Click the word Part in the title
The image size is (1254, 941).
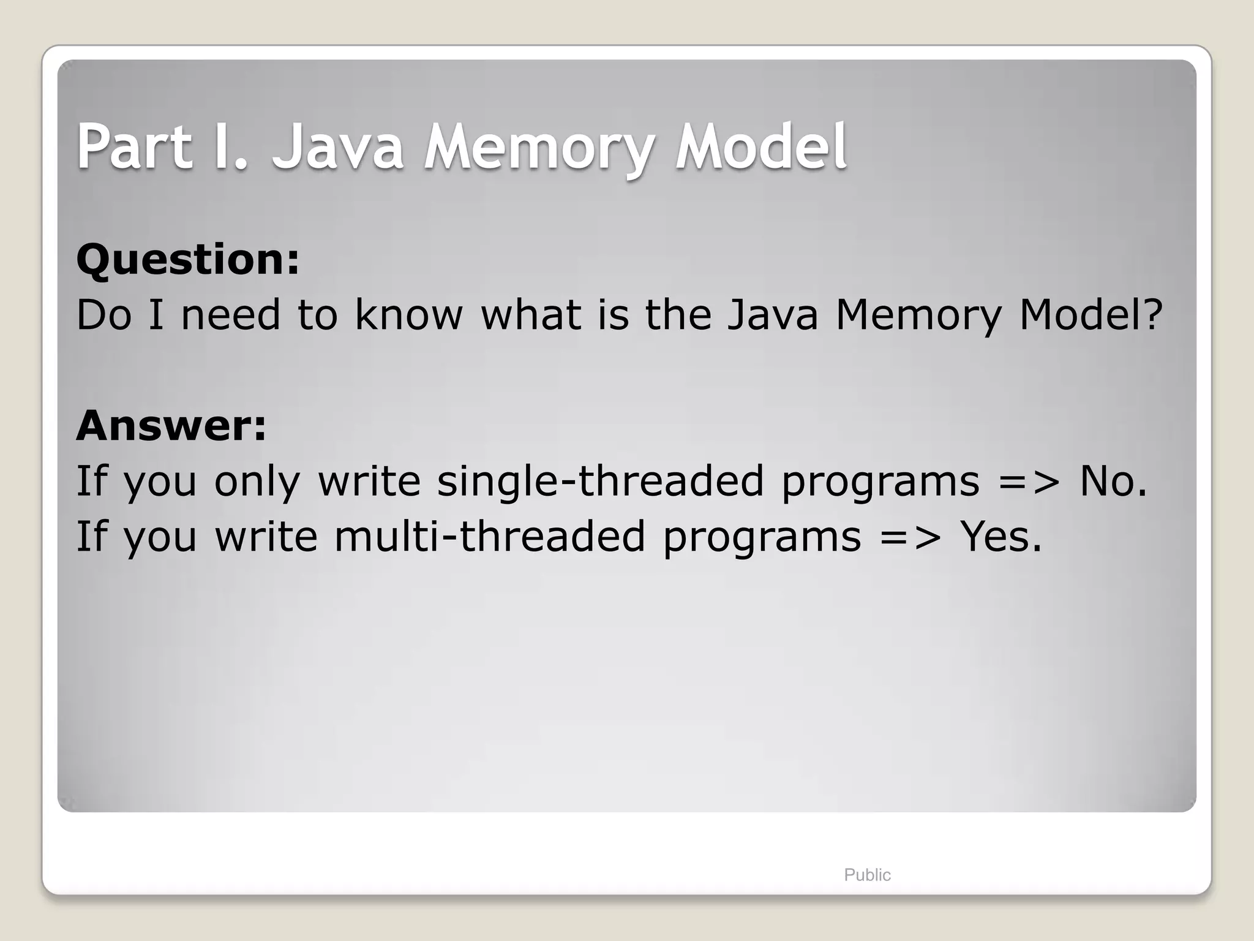click(133, 147)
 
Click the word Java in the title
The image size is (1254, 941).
click(337, 147)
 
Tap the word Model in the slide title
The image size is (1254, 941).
click(760, 147)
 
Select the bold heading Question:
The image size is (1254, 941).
click(188, 260)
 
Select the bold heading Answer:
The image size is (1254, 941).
click(171, 425)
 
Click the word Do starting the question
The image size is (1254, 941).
click(103, 315)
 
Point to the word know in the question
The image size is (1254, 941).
click(408, 315)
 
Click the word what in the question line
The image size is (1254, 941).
click(531, 315)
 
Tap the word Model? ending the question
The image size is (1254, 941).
click(1091, 315)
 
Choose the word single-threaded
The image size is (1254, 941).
click(600, 481)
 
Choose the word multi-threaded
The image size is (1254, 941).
click(489, 537)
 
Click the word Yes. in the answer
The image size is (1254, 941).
click(1001, 537)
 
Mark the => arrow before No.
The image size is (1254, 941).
click(1029, 482)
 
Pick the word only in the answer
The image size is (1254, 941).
click(257, 482)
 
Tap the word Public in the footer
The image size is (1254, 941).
click(867, 875)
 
